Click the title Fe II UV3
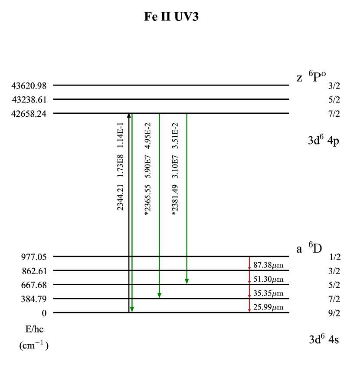point(171,16)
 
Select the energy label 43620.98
point(29,85)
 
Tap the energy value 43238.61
point(29,100)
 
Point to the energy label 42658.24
point(29,114)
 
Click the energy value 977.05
point(34,257)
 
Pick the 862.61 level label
point(34,271)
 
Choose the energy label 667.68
point(34,285)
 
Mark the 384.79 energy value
point(34,299)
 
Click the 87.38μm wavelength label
point(268,265)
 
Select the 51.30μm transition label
point(268,279)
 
